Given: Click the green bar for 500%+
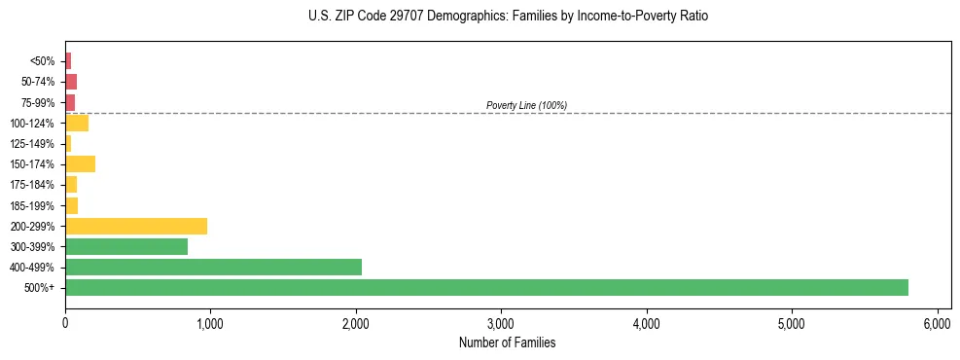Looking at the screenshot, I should click(x=486, y=287).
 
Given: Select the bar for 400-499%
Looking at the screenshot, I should click(x=213, y=267).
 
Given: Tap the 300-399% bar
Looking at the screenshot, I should click(x=126, y=246).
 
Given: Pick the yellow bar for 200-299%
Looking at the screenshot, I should click(x=136, y=226).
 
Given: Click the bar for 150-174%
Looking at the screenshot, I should click(x=80, y=163).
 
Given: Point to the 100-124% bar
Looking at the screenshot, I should click(x=77, y=123).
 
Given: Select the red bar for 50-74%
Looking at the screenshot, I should click(x=71, y=82).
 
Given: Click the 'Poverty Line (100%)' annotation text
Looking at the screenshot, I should click(x=526, y=105).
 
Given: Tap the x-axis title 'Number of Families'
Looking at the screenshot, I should click(x=508, y=342).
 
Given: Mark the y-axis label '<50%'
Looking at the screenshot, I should click(x=43, y=61).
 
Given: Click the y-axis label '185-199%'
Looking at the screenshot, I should click(x=32, y=205).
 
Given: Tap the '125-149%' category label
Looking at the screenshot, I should click(x=32, y=144).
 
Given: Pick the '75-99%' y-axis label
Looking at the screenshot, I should click(x=36, y=102).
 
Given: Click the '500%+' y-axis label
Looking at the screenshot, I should click(x=39, y=288).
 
